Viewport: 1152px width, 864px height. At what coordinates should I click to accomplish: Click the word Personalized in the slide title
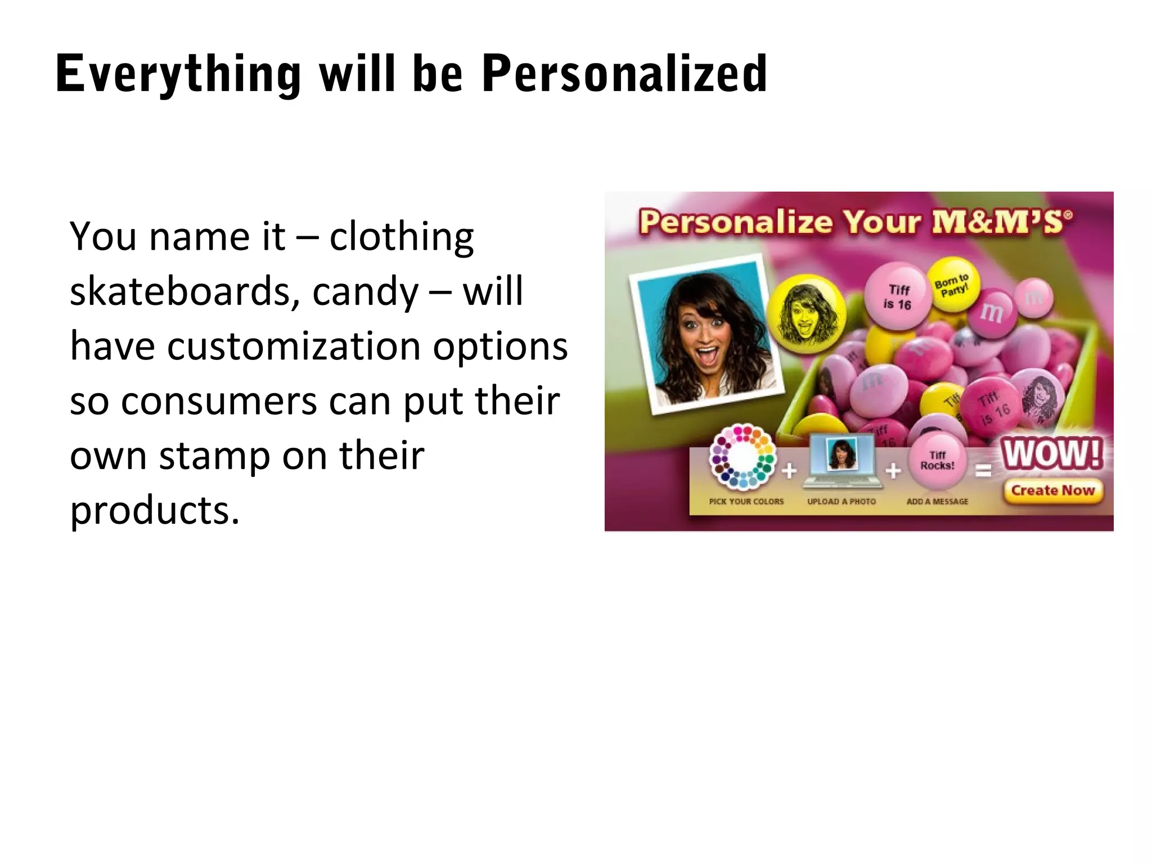[x=624, y=74]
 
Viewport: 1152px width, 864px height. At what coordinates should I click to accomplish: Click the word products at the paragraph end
[x=155, y=510]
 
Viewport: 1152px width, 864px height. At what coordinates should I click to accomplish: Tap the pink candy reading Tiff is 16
[x=897, y=297]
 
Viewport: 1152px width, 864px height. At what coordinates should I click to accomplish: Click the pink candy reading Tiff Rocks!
[x=937, y=460]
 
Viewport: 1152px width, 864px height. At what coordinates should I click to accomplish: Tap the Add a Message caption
[x=937, y=501]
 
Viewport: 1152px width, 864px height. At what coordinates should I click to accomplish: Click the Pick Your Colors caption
[x=746, y=501]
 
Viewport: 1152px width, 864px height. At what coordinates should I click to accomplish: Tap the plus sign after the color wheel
[x=789, y=470]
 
